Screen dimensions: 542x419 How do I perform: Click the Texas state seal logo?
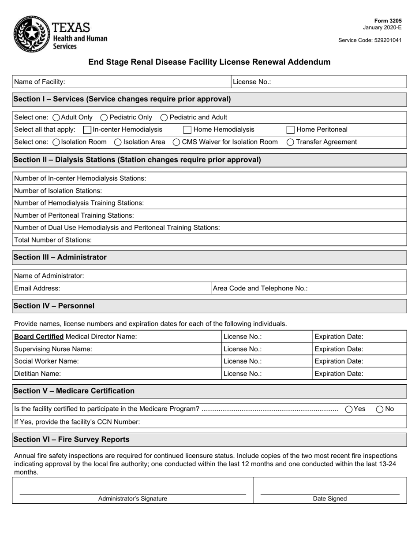click(31, 34)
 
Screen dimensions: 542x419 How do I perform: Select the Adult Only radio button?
click(56, 117)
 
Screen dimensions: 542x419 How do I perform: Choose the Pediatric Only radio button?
click(104, 117)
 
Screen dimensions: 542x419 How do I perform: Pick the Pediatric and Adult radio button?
click(164, 117)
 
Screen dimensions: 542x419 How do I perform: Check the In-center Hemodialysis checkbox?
click(87, 130)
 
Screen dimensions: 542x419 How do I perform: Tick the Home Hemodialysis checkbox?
click(187, 130)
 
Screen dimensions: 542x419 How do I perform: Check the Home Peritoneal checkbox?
click(291, 130)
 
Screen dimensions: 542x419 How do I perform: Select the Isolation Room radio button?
click(56, 142)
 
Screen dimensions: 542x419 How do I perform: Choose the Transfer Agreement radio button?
click(291, 142)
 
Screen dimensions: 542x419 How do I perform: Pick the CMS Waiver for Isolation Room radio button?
click(176, 142)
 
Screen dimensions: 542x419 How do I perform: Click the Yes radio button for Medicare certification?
click(349, 409)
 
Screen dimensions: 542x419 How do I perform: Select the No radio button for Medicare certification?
click(380, 409)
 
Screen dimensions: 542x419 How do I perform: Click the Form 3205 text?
click(388, 21)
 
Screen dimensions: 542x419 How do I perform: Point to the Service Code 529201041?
click(370, 40)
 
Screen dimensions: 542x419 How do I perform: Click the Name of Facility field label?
click(40, 82)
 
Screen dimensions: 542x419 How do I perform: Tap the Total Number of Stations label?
click(53, 240)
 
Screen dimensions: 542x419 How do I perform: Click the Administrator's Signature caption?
click(132, 499)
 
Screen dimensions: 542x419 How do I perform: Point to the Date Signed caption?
click(330, 499)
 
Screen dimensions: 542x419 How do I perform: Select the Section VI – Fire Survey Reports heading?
click(71, 439)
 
